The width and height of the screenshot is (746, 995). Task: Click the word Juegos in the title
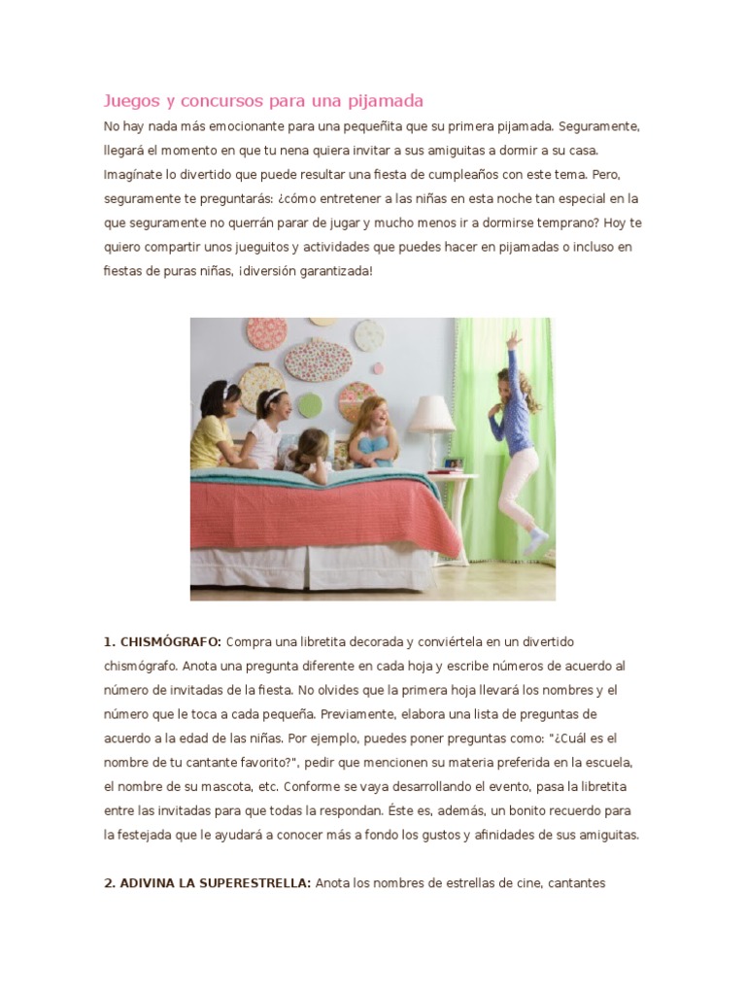click(x=131, y=101)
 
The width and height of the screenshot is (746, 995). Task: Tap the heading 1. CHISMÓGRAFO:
click(x=162, y=641)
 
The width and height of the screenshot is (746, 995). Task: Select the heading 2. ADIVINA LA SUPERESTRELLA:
click(x=207, y=884)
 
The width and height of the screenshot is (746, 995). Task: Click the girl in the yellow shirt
click(x=215, y=428)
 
